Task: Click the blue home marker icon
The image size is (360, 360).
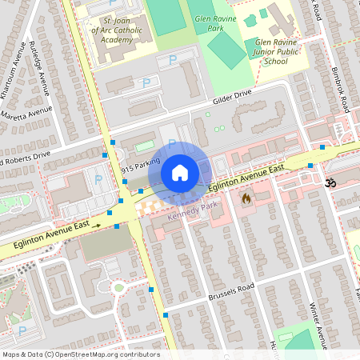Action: pyautogui.click(x=180, y=173)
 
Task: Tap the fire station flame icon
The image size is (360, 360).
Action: pyautogui.click(x=246, y=197)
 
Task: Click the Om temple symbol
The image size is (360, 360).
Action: pyautogui.click(x=326, y=184)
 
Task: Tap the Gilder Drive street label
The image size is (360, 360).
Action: pyautogui.click(x=232, y=98)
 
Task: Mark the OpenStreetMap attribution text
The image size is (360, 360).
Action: pyautogui.click(x=81, y=354)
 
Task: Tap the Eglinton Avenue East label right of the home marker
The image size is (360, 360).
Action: pyautogui.click(x=246, y=179)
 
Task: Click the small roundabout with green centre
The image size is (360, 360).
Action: pyautogui.click(x=118, y=287)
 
